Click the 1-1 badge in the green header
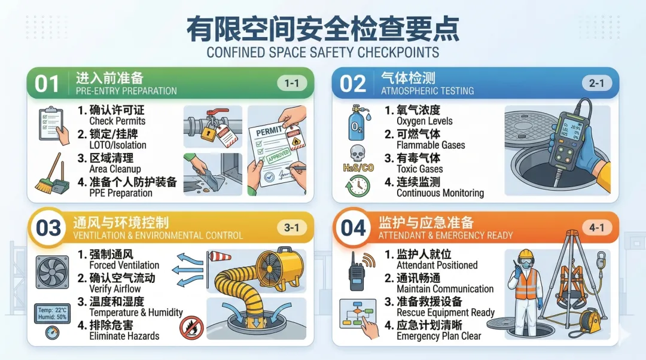tap(292, 83)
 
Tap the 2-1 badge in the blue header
tap(596, 83)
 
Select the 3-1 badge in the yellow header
tap(292, 227)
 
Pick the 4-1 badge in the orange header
tap(596, 227)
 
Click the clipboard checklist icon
tap(53, 125)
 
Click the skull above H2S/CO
tap(357, 153)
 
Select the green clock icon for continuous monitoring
tap(358, 186)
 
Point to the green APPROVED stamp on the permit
tap(279, 155)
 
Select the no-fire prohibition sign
tap(191, 328)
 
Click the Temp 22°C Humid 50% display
tap(52, 313)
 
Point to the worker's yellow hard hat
tap(526, 254)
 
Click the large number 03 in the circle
tap(48, 228)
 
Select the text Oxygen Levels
tap(424, 121)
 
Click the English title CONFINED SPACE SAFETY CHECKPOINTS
tap(323, 52)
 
